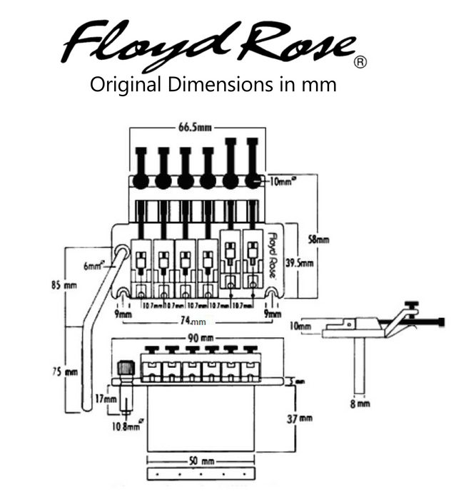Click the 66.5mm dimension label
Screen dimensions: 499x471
pos(195,128)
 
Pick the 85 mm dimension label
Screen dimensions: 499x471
pos(70,285)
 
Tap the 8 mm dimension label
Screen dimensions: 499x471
pos(361,403)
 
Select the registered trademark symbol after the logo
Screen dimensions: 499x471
pos(360,63)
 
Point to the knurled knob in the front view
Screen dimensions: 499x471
pos(126,369)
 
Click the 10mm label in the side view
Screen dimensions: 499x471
pos(303,328)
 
